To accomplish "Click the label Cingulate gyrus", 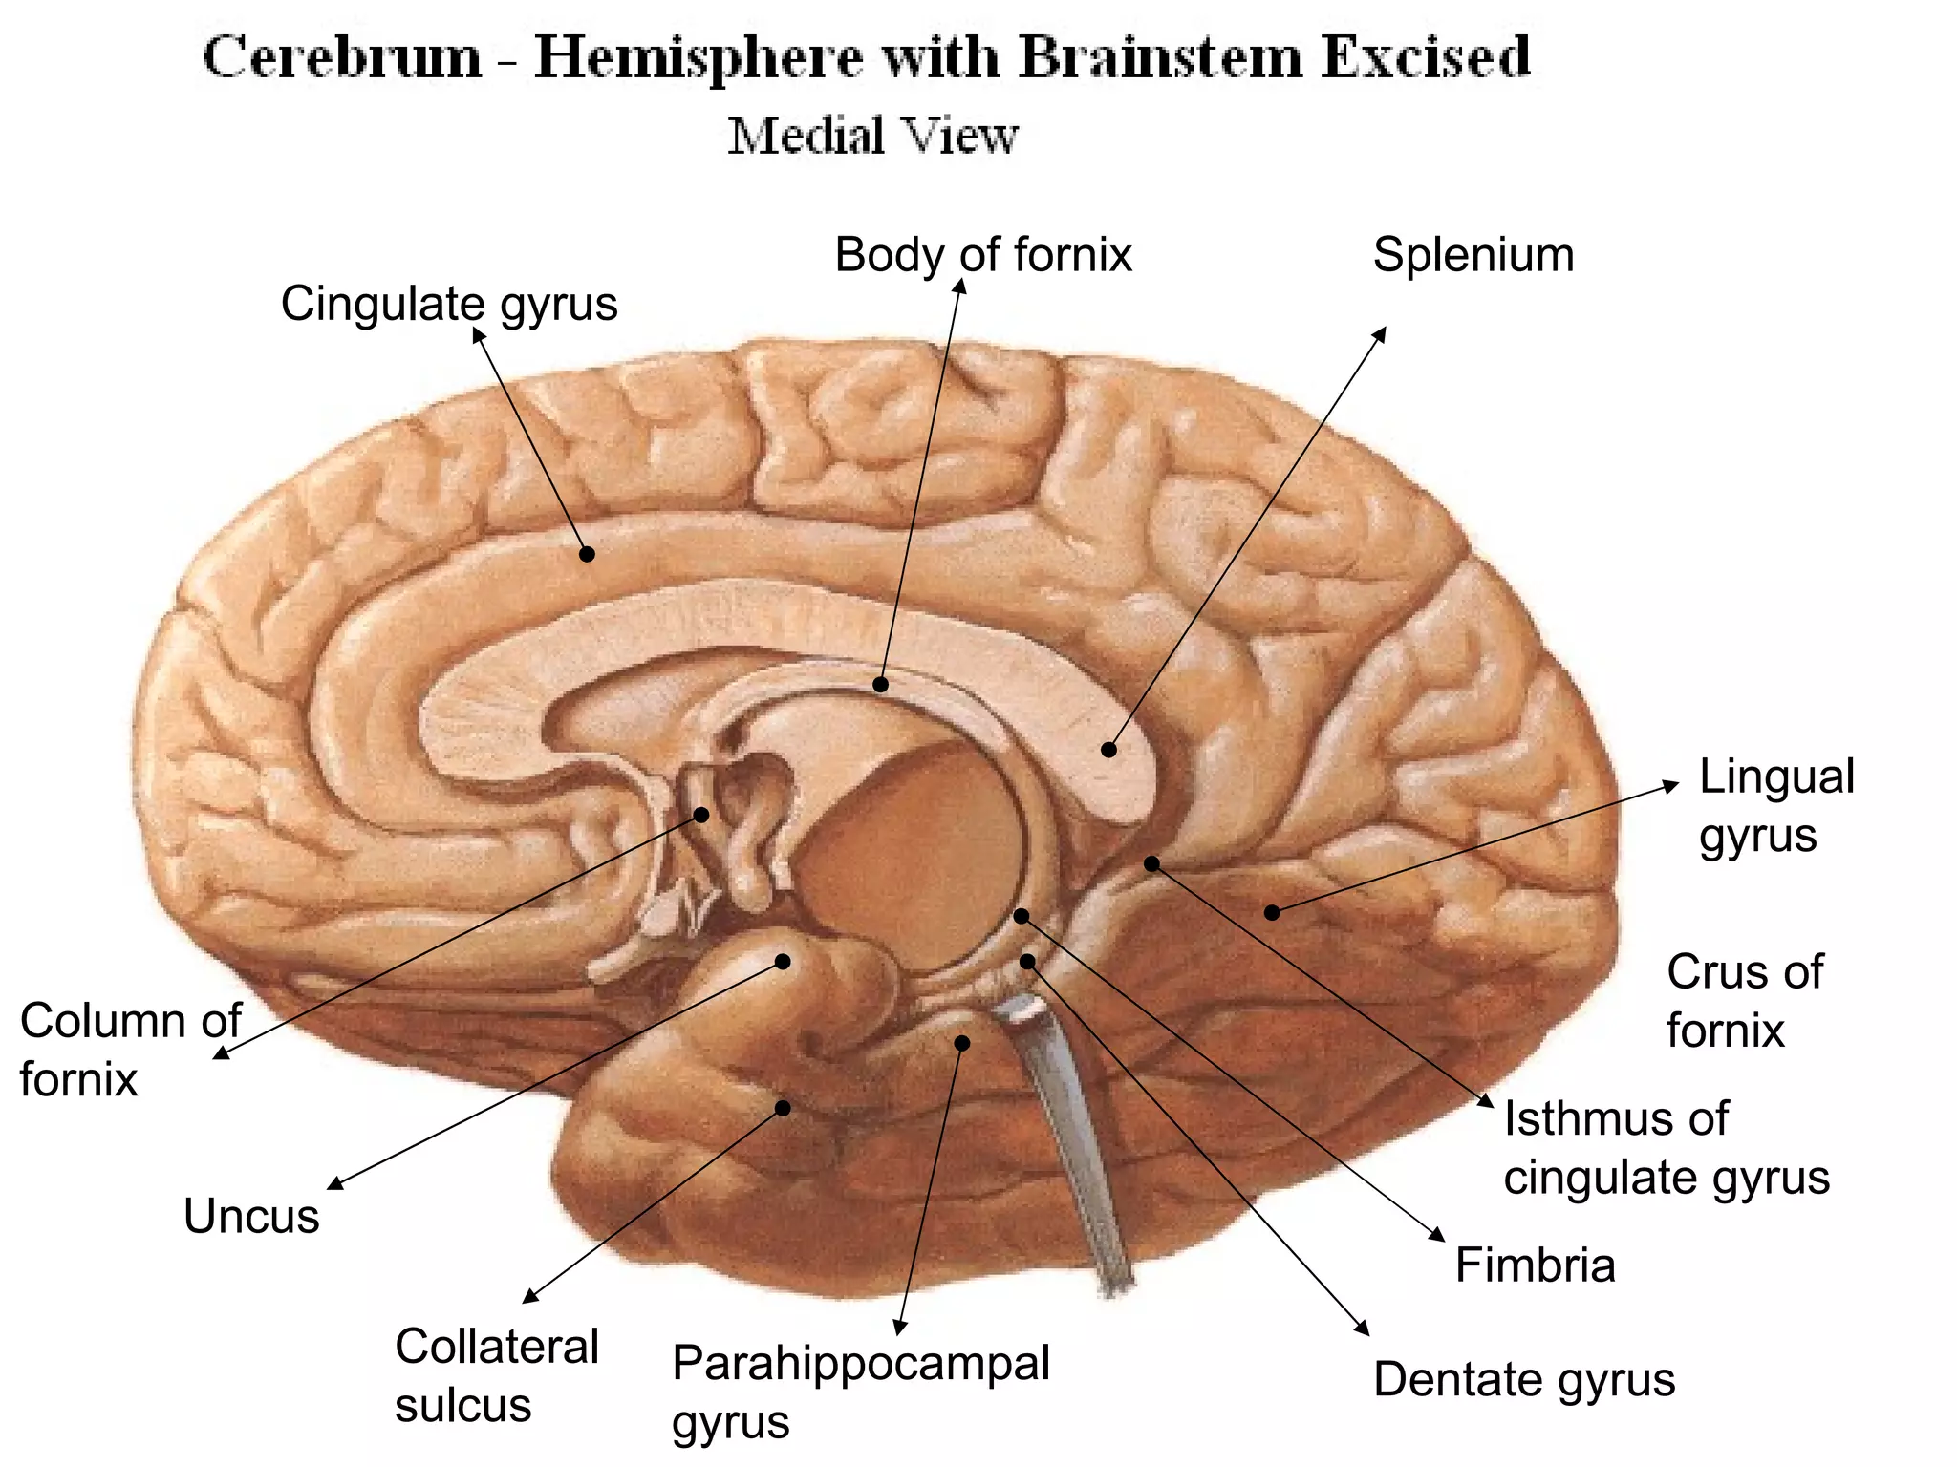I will [x=449, y=305].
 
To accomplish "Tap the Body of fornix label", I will [x=982, y=255].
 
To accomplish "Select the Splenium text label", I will [x=1473, y=255].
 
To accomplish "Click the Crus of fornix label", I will [x=1744, y=1001].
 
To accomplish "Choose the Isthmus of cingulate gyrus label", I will [x=1666, y=1147].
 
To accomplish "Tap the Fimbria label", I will [x=1535, y=1265].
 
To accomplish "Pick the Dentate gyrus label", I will [x=1523, y=1379].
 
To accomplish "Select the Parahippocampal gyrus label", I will [x=860, y=1391].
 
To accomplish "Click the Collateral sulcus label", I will [x=496, y=1375].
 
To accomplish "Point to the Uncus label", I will [x=251, y=1216].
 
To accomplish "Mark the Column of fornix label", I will [x=130, y=1050].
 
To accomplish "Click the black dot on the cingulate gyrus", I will [x=588, y=554].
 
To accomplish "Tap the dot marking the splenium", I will [x=1108, y=750].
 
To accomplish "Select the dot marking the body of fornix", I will [x=880, y=684].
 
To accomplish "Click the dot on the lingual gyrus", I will [x=1272, y=913].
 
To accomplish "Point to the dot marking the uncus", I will [x=783, y=962].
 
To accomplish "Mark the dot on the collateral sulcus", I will [x=783, y=1108].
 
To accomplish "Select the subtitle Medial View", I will [x=872, y=136].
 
